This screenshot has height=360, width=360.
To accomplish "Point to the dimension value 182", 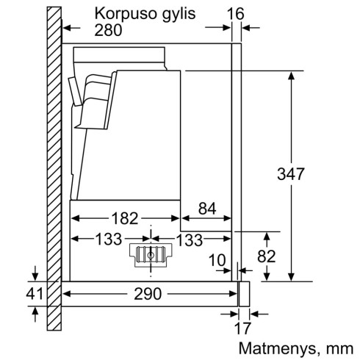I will click(x=124, y=218).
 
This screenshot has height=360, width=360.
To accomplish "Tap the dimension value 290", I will click(x=150, y=295).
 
